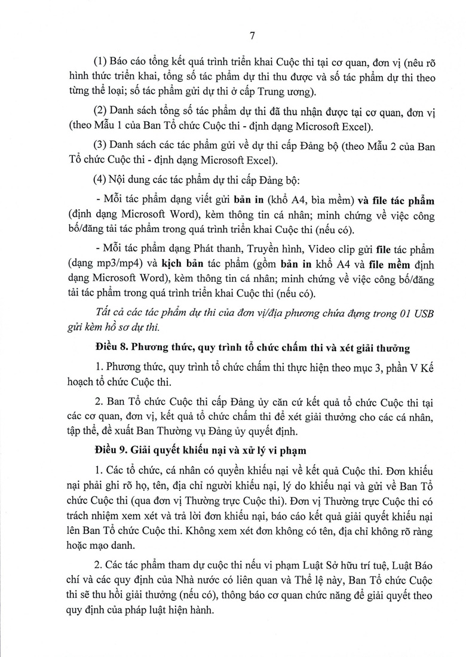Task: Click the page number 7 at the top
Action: pos(252,36)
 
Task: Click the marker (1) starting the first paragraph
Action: pos(100,62)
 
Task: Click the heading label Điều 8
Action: pos(111,347)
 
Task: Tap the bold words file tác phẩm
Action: pos(400,199)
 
